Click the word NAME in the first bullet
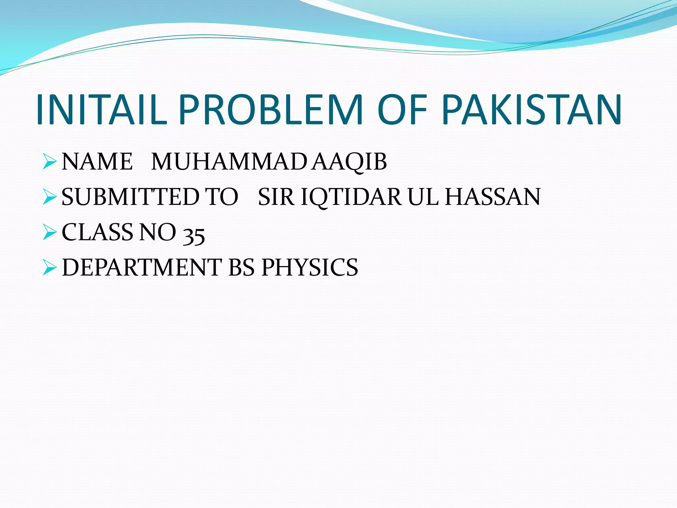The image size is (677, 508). tap(97, 162)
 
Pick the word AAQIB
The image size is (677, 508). tap(350, 162)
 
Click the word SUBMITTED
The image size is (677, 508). tap(131, 197)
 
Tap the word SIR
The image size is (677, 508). tap(276, 197)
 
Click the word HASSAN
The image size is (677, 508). tap(493, 197)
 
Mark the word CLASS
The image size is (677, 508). tap(98, 232)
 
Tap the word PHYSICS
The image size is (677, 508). tap(310, 267)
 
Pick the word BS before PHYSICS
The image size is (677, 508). tap(242, 267)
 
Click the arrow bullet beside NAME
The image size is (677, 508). tap(50, 162)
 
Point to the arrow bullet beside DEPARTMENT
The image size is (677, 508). tap(50, 268)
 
